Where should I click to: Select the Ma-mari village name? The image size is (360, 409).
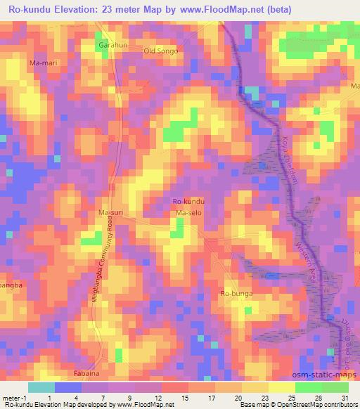click(x=43, y=63)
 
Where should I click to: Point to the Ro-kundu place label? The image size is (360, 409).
click(x=188, y=202)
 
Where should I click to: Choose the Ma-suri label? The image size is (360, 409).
click(x=110, y=212)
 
